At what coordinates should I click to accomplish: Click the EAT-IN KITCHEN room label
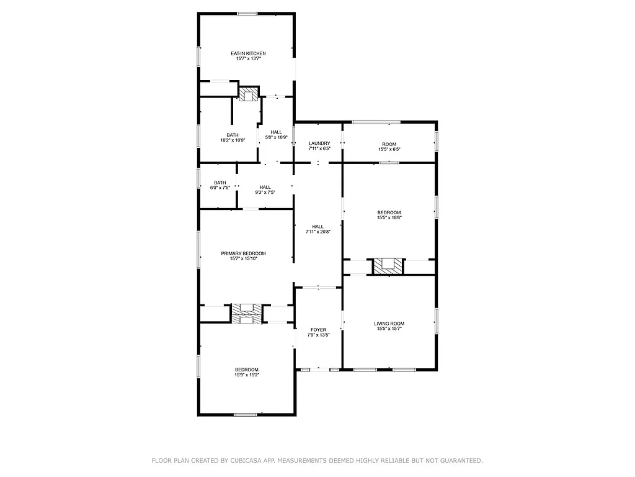(248, 53)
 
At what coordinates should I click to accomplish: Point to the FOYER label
(318, 330)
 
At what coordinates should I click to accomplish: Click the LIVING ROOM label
(389, 324)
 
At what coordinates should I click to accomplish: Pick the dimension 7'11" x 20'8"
(318, 232)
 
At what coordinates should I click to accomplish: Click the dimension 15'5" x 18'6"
(389, 218)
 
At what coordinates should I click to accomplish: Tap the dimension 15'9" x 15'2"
(246, 375)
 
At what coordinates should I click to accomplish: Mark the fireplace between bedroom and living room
(388, 266)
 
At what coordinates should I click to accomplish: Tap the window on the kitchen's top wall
(247, 14)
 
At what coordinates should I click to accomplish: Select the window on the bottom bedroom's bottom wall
(245, 414)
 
